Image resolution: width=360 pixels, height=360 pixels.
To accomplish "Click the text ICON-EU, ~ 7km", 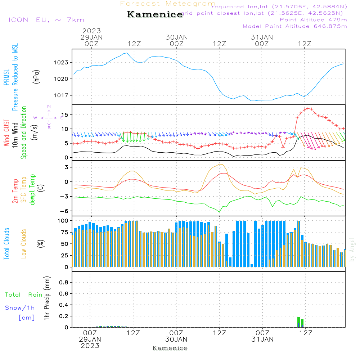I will (x=46, y=20).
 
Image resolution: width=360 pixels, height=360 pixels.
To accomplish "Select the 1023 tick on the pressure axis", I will (x=63, y=62).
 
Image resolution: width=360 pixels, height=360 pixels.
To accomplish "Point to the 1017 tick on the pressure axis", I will (x=63, y=95).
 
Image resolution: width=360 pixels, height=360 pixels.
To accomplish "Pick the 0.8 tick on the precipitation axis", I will (x=64, y=283).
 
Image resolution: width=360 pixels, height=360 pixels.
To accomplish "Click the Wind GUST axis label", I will (x=7, y=133).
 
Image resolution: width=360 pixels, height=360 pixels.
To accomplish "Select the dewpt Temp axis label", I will (x=33, y=189).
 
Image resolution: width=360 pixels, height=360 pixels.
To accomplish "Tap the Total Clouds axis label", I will (x=7, y=244).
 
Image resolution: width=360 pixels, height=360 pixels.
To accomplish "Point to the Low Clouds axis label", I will (x=24, y=244).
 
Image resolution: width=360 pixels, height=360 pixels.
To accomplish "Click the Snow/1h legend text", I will (x=20, y=308).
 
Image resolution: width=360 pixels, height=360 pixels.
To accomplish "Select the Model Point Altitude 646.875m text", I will (x=295, y=26).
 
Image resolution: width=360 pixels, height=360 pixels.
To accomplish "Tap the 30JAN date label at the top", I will (x=177, y=37).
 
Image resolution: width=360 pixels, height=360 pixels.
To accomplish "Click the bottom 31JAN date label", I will (x=262, y=339).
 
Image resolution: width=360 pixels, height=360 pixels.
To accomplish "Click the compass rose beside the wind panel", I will (x=49, y=117).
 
